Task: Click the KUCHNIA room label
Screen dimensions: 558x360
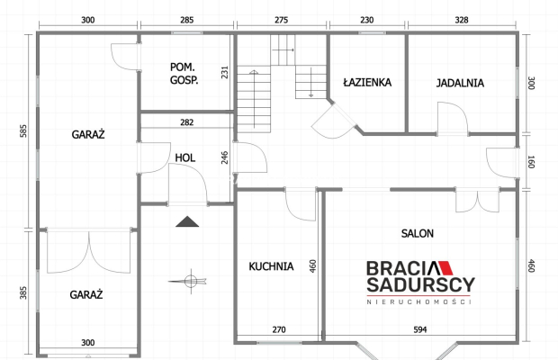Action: [271, 266]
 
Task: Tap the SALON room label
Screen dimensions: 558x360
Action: [418, 233]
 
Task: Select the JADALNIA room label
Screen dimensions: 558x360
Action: [460, 83]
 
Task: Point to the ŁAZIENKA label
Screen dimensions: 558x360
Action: [367, 82]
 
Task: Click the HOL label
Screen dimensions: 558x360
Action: [185, 157]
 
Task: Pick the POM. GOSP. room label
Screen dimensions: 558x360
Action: [184, 74]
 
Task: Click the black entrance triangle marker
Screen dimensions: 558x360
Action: [187, 221]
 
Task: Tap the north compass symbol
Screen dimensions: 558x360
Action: [189, 282]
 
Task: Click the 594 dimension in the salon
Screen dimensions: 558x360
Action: [420, 329]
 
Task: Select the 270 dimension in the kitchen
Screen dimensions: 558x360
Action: [279, 329]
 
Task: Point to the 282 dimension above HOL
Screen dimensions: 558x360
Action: [187, 122]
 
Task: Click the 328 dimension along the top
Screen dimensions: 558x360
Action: [462, 20]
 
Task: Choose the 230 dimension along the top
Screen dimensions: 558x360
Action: [367, 20]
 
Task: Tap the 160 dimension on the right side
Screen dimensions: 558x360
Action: [531, 162]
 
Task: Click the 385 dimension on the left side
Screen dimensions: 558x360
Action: [23, 292]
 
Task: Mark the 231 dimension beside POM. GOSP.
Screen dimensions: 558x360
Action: [225, 72]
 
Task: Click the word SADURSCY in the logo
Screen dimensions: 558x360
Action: [420, 284]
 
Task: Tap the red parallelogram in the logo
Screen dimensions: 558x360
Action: [445, 268]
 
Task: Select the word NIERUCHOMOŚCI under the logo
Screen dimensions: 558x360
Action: [419, 302]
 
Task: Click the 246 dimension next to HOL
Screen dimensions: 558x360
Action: [225, 157]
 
